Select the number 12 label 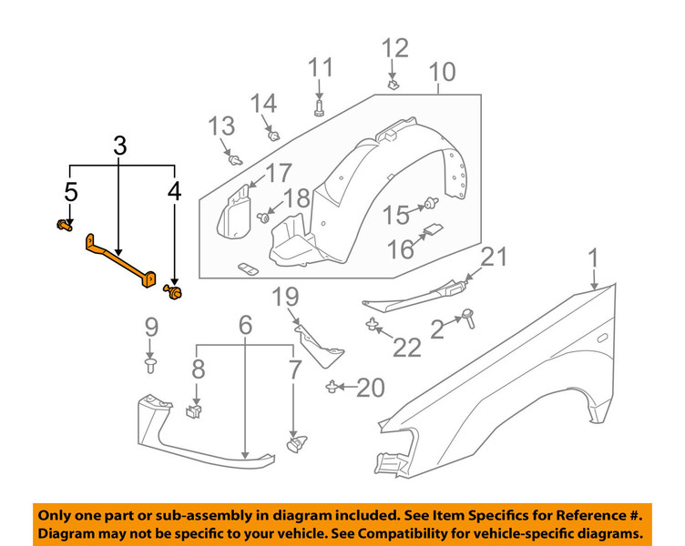(x=395, y=47)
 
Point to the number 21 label (x=493, y=258)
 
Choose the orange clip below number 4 (x=173, y=292)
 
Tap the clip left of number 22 (x=372, y=325)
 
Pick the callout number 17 (x=278, y=172)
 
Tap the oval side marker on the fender (x=602, y=338)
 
